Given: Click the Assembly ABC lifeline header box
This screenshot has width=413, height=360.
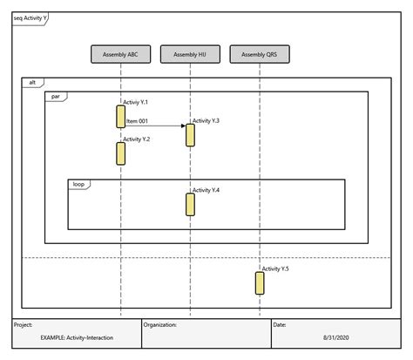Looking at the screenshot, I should (120, 55).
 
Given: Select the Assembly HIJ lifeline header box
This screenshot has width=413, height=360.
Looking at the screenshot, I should (190, 55).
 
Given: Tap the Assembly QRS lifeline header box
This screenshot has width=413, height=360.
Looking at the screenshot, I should (260, 55).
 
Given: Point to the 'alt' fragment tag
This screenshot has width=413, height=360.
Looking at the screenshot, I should (32, 82).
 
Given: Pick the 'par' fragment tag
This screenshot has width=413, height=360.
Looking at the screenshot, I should (55, 95).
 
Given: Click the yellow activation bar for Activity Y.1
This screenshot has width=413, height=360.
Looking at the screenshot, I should (120, 117).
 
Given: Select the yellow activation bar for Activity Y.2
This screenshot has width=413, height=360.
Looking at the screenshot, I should (120, 153).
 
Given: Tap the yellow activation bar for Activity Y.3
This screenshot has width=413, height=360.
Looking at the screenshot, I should (190, 135).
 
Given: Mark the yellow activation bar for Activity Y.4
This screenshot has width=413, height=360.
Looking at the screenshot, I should (190, 204).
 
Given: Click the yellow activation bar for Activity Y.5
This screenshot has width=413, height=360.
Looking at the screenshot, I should (260, 283).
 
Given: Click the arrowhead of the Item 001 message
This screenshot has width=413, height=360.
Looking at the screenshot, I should (183, 126).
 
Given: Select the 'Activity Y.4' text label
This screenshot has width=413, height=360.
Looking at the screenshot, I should (206, 190).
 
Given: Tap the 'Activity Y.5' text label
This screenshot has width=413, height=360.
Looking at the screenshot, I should (276, 269).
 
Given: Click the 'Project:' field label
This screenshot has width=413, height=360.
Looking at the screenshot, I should (24, 324).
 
